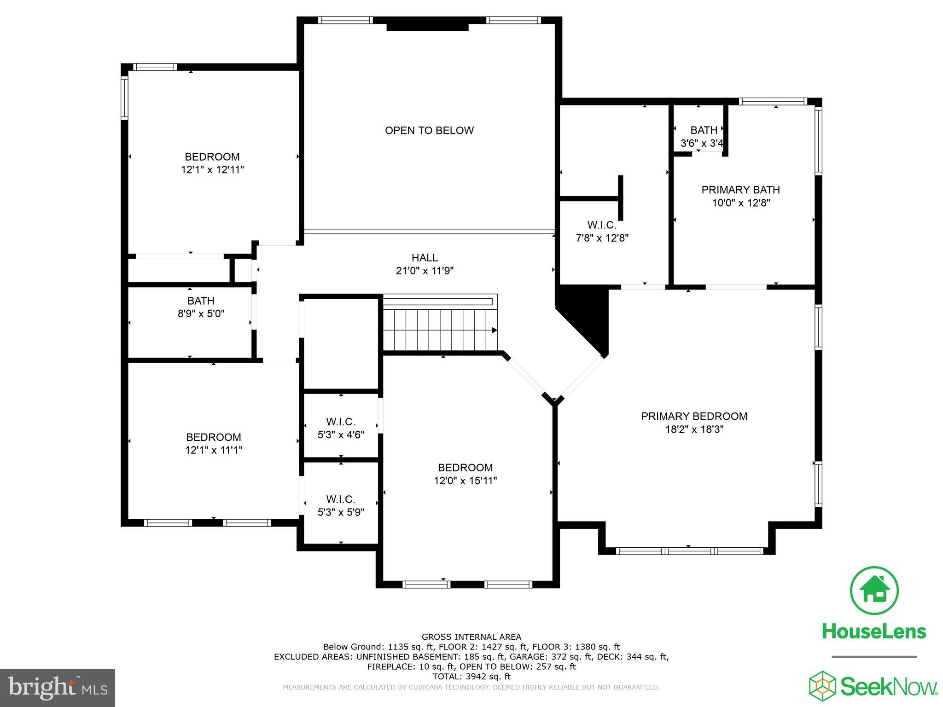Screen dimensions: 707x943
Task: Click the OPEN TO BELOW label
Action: point(429,131)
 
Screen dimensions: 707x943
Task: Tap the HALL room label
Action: point(425,258)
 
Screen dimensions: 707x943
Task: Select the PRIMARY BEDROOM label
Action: point(694,417)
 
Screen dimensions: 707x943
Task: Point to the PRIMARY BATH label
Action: point(740,190)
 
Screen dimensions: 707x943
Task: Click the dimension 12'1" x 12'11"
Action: point(212,170)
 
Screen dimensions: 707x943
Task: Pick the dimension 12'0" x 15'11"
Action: point(465,481)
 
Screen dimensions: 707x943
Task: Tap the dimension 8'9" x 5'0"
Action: point(201,314)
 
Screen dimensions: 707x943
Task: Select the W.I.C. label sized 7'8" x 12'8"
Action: point(601,226)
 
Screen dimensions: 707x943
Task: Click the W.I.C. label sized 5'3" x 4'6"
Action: point(341,422)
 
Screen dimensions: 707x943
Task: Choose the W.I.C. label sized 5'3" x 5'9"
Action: point(341,499)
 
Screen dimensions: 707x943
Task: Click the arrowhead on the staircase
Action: point(494,330)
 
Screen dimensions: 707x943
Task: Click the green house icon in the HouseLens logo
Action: point(873,591)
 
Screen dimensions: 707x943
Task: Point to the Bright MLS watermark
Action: point(57,688)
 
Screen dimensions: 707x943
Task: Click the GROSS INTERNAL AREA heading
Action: point(471,637)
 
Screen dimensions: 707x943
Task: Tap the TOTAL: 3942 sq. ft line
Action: point(471,677)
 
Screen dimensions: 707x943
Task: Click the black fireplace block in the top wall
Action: point(427,27)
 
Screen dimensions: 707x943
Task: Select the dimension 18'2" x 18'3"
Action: point(694,429)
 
